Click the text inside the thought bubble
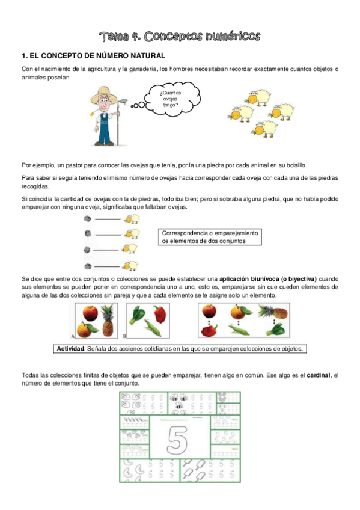point(171,99)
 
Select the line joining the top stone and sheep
point(108,220)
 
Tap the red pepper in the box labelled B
point(159,314)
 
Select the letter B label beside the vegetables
point(124,336)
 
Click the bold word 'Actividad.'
point(70,349)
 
